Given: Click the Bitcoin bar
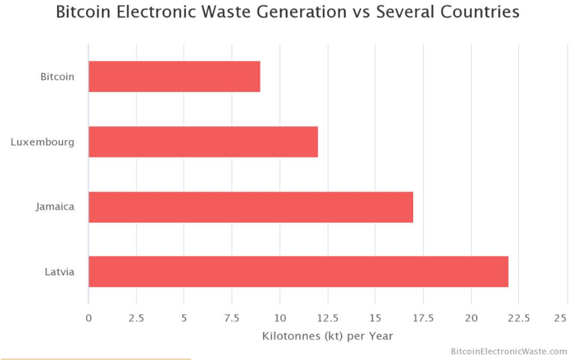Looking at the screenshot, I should [x=174, y=76].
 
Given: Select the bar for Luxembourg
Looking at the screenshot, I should [x=203, y=142].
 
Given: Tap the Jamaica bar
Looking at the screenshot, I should [x=251, y=207].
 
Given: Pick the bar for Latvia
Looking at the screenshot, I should [x=298, y=272].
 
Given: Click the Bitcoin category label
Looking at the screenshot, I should [x=58, y=77].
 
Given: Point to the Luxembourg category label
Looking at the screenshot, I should [x=42, y=142].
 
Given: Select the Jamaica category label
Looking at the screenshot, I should [x=55, y=207].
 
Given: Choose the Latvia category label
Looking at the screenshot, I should [x=59, y=272].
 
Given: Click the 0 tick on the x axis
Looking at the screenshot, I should [x=88, y=318].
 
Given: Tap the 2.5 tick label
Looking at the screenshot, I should [x=136, y=318].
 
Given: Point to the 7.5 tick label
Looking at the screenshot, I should [x=232, y=318].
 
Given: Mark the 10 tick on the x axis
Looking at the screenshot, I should [x=280, y=318].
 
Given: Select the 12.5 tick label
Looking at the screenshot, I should [x=328, y=318].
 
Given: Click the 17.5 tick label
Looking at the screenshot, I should [x=424, y=318].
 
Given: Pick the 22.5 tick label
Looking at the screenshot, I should [x=519, y=318].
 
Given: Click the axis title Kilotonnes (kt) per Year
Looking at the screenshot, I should [x=328, y=336].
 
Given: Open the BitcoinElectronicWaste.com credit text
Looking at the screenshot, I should [x=509, y=351].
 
